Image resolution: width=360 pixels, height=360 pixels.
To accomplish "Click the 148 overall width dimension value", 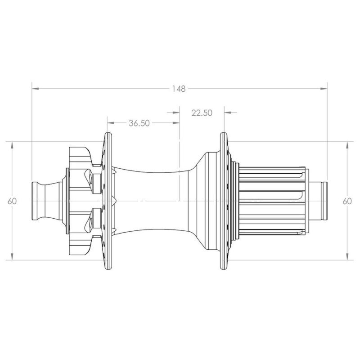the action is [179, 89].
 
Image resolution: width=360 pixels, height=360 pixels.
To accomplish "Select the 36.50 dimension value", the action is [139, 123].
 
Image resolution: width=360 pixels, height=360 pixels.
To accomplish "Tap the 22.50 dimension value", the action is [202, 113].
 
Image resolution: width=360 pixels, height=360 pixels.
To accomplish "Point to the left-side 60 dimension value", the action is [12, 201].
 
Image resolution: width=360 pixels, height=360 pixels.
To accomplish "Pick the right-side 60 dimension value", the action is [347, 201].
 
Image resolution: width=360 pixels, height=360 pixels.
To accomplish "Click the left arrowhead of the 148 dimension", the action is [36, 88].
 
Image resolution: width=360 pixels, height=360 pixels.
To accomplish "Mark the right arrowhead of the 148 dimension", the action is [324, 88].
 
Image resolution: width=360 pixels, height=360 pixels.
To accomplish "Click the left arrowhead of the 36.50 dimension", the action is [111, 123].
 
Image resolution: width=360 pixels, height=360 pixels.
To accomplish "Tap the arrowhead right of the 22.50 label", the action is [228, 112].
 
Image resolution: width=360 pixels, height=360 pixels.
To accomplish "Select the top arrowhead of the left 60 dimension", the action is [12, 145].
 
